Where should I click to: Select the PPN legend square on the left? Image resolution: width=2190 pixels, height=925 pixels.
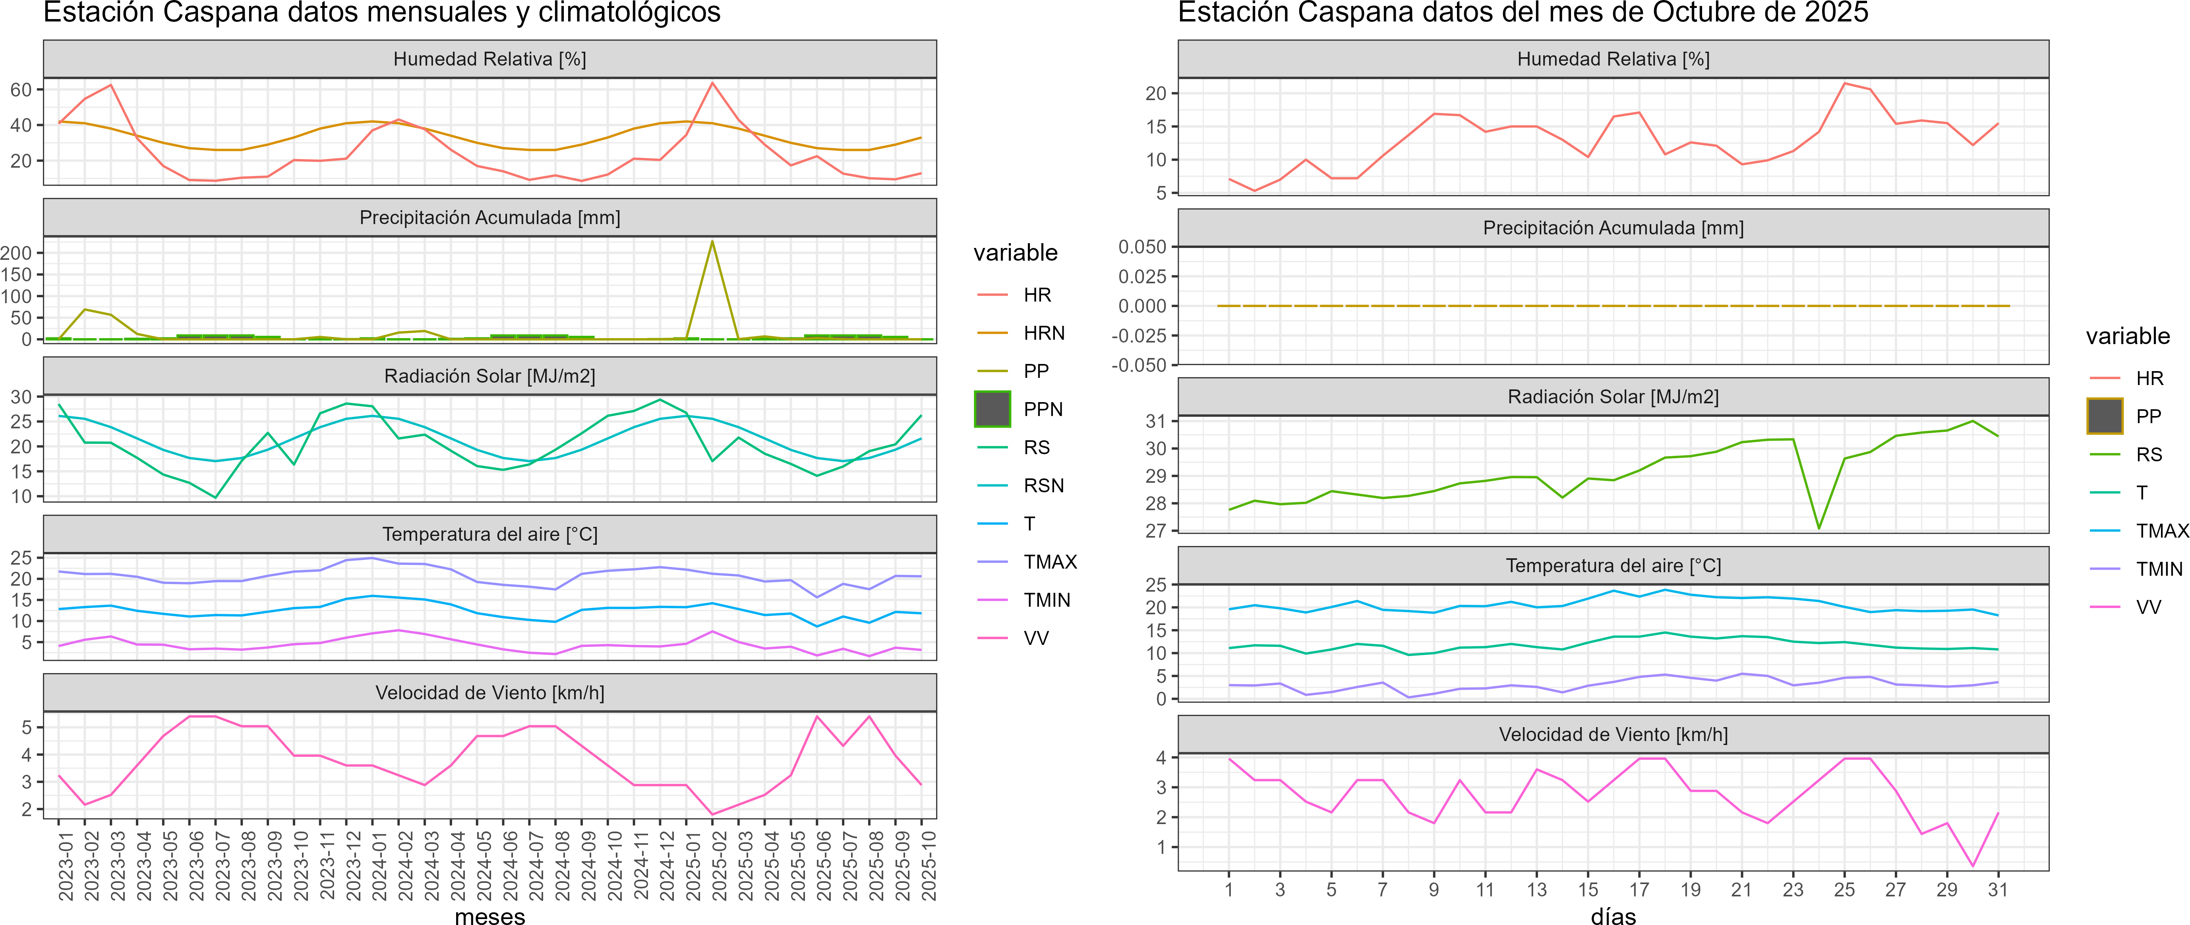coord(992,409)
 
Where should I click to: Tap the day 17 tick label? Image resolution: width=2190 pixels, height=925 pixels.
coord(1639,889)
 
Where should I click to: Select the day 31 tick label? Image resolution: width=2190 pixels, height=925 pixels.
coord(1998,889)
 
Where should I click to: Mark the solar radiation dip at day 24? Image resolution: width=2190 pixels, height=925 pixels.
coord(1819,528)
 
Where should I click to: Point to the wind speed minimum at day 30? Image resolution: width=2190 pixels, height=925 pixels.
coord(1972,865)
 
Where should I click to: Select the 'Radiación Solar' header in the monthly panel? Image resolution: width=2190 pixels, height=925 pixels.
coord(489,376)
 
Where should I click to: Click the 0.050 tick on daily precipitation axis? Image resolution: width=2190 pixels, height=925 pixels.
coord(1142,247)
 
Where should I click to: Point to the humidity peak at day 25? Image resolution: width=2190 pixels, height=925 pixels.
coord(1844,83)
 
